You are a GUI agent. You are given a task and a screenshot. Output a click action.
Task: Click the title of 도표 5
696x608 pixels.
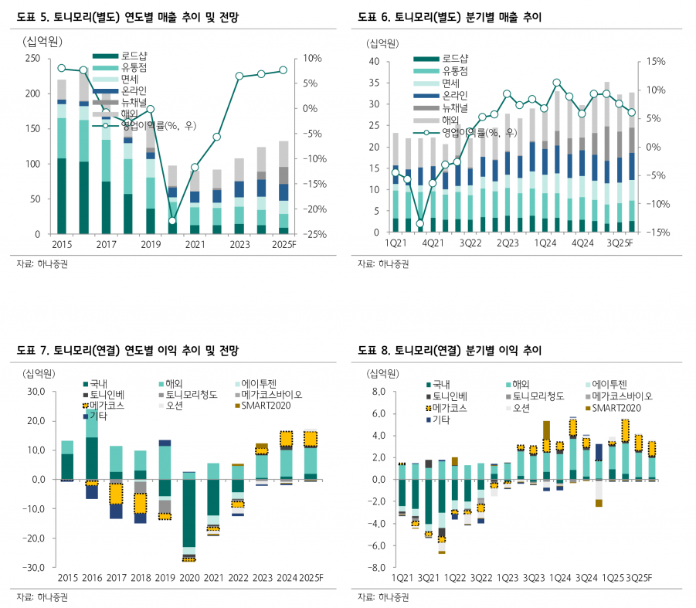tap(127, 17)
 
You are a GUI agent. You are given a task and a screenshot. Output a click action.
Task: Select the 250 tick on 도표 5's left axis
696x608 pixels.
tap(32, 58)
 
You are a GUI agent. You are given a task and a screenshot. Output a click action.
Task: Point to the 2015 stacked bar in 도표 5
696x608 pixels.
tap(62, 157)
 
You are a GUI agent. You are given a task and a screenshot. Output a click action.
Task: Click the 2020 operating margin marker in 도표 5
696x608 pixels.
tap(173, 221)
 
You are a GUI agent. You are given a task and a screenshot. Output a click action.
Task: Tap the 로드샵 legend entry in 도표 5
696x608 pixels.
tap(120, 56)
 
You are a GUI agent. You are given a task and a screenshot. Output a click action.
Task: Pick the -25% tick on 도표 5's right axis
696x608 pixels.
tap(314, 234)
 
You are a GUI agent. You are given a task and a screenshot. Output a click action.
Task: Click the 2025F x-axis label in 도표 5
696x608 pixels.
tap(284, 245)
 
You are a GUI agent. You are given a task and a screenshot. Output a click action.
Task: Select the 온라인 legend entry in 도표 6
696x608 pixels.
tap(440, 96)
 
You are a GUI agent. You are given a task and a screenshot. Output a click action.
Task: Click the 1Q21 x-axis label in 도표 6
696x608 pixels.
tap(396, 243)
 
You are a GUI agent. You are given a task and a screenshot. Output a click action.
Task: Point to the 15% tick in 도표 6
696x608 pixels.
tap(656, 61)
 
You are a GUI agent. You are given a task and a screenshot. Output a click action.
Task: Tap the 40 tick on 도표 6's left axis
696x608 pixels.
tap(374, 61)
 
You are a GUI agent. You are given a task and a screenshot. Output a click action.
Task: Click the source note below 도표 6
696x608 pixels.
tap(383, 264)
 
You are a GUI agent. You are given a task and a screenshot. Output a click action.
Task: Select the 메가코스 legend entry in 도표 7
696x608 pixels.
tap(104, 405)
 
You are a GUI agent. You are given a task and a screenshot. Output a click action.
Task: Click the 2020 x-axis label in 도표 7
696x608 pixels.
tap(189, 578)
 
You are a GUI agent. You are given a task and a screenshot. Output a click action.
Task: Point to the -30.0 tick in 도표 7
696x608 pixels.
tap(34, 568)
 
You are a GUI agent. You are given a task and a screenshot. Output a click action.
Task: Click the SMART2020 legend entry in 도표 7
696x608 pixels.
tap(263, 405)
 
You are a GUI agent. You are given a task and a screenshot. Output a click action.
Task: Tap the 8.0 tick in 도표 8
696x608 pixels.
tap(379, 392)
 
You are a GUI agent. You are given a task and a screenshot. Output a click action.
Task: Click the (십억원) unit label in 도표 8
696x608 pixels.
tap(382, 374)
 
